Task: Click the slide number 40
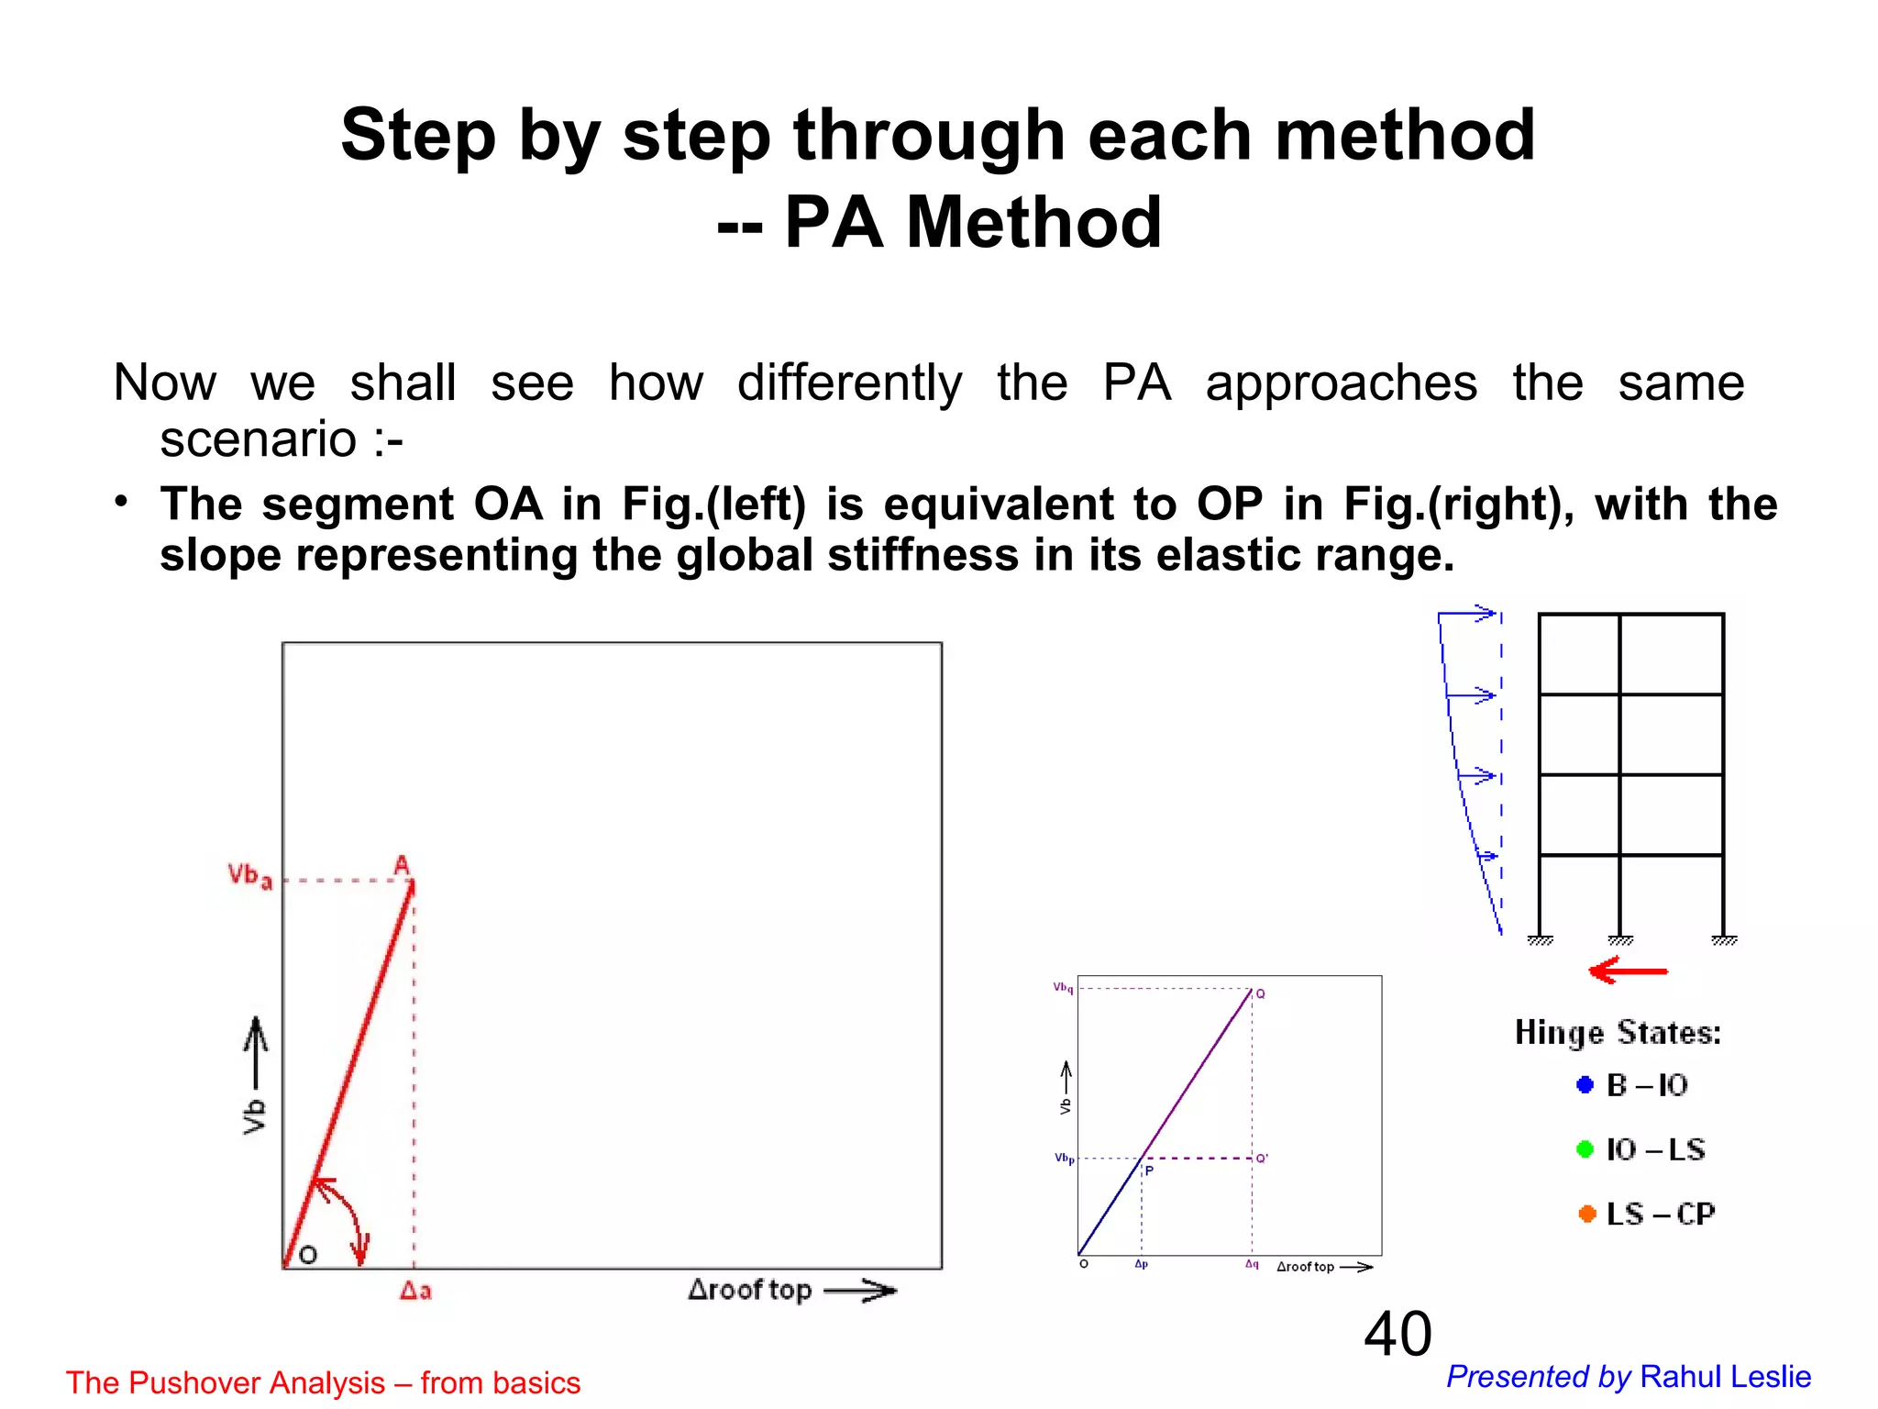tap(1397, 1334)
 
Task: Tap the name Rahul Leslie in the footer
tap(1725, 1377)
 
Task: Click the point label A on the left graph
tap(402, 864)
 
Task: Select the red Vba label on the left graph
tap(249, 876)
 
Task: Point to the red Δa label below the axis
tap(415, 1291)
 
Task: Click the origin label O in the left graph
tap(308, 1255)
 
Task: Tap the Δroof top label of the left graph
tap(750, 1290)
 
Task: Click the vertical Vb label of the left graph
tap(254, 1116)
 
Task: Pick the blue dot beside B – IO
tap(1585, 1085)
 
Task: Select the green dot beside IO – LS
tap(1585, 1149)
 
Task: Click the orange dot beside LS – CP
tap(1587, 1214)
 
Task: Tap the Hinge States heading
tap(1618, 1033)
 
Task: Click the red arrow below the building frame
tap(1628, 971)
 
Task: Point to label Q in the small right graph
tap(1261, 994)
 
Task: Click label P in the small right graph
tap(1149, 1171)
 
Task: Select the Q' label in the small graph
tap(1262, 1159)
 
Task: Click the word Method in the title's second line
tap(1033, 223)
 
